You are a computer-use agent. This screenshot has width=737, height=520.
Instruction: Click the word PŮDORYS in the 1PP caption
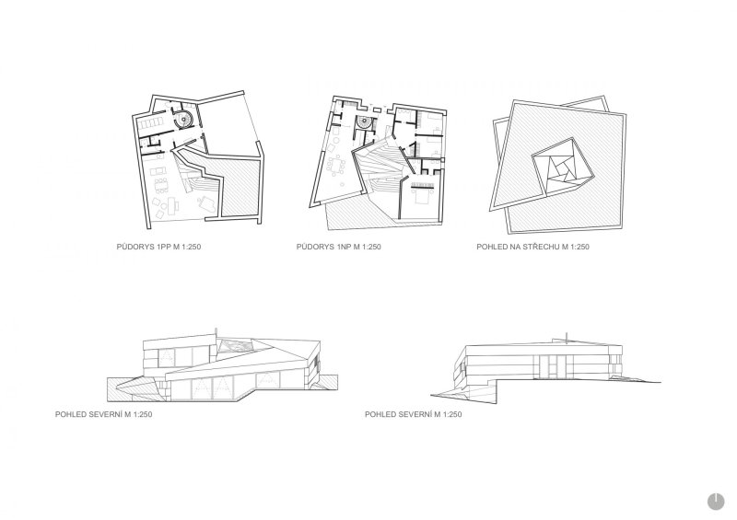(x=136, y=247)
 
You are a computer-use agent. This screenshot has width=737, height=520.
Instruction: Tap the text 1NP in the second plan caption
(x=345, y=247)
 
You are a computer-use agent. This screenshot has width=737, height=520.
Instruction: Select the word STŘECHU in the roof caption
(x=541, y=247)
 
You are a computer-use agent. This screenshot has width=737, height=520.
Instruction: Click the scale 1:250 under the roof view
(x=579, y=247)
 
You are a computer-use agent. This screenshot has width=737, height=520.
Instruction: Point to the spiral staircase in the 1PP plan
(x=182, y=120)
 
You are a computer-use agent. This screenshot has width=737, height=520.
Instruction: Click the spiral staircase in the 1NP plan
(x=363, y=123)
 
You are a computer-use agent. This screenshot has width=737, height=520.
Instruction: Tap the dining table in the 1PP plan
(x=161, y=184)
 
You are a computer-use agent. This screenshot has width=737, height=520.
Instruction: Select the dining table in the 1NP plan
(x=337, y=166)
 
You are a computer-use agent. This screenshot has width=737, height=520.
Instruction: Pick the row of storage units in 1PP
(x=150, y=123)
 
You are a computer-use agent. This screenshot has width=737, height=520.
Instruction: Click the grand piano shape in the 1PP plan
(x=206, y=202)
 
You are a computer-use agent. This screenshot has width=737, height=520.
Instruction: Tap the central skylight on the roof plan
(x=561, y=168)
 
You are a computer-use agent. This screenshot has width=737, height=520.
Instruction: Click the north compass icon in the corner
(x=716, y=502)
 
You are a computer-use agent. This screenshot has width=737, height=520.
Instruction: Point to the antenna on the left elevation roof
(x=216, y=332)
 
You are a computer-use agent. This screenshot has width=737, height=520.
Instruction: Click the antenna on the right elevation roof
(x=566, y=336)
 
